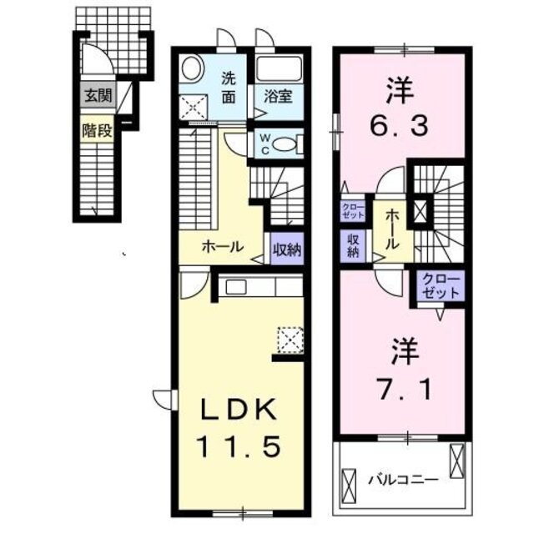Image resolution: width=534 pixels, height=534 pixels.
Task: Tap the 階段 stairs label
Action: [96, 130]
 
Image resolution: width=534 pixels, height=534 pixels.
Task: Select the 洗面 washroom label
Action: [229, 87]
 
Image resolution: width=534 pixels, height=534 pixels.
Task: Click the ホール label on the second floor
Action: [391, 229]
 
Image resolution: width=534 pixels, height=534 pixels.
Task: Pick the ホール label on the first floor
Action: [223, 247]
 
